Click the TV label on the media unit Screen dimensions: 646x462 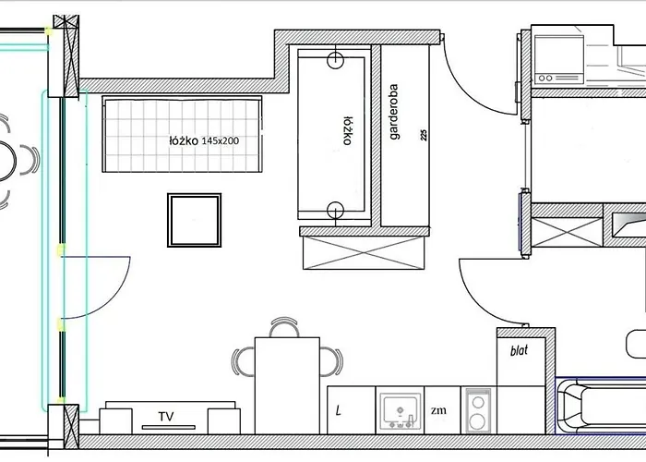[x=166, y=416]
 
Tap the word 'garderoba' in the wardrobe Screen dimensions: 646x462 [x=394, y=112]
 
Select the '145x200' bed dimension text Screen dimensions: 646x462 [x=221, y=140]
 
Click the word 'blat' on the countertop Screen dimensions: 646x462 [x=519, y=350]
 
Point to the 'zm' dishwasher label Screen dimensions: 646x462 [x=438, y=410]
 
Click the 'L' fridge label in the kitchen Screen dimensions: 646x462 [x=339, y=410]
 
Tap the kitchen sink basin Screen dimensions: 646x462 [x=400, y=410]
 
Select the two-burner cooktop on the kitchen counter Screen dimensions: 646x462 [x=478, y=411]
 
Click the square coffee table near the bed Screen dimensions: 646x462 [x=195, y=220]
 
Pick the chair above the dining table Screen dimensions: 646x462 [x=284, y=327]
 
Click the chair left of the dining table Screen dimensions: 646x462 [x=243, y=362]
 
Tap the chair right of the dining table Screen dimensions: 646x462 [x=331, y=362]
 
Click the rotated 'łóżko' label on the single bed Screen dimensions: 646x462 [x=348, y=131]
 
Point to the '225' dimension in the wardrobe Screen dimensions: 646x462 [x=424, y=135]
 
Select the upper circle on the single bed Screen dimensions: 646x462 [x=335, y=60]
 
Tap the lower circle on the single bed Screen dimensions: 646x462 [x=335, y=210]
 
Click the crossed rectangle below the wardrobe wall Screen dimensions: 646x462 [x=364, y=253]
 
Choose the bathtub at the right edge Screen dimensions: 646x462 [x=601, y=406]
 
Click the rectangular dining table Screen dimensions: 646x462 [x=287, y=385]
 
